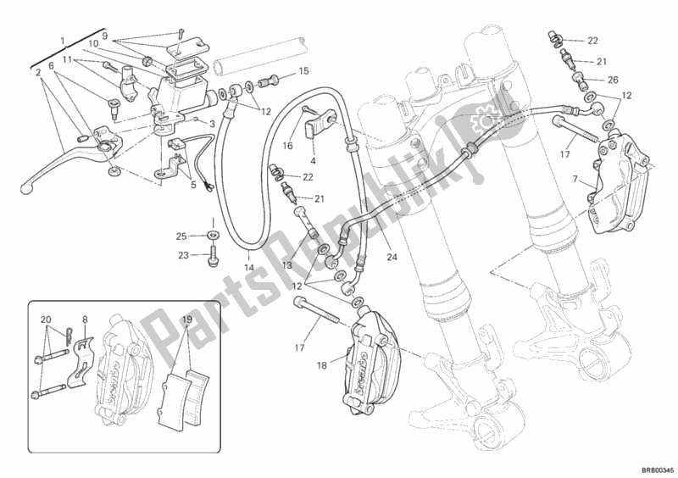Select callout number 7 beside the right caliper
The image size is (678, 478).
pos(576,180)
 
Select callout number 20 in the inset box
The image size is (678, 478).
pos(45,320)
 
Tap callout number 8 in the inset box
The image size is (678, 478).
pos(85,320)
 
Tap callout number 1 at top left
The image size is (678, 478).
pos(63,40)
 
